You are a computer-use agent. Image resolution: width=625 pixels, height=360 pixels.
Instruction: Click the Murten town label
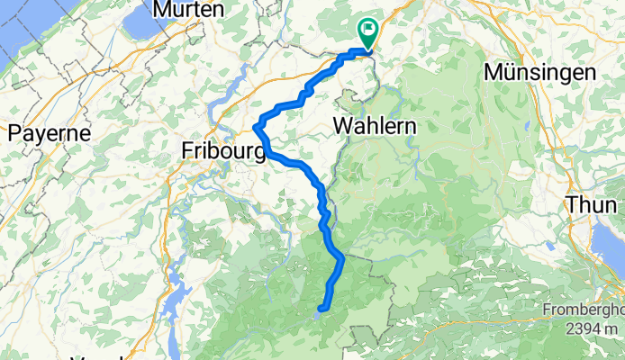[x=189, y=9]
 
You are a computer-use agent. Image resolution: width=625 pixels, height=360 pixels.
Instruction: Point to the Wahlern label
[x=375, y=127]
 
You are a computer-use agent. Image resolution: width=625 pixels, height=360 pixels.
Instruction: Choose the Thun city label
[x=593, y=204]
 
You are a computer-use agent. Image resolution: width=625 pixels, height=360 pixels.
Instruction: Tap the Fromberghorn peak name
[x=583, y=311]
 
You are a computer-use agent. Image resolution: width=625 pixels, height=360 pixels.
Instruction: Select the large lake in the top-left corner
[x=27, y=36]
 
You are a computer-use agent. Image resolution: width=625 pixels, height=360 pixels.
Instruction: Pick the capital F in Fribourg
[x=188, y=150]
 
